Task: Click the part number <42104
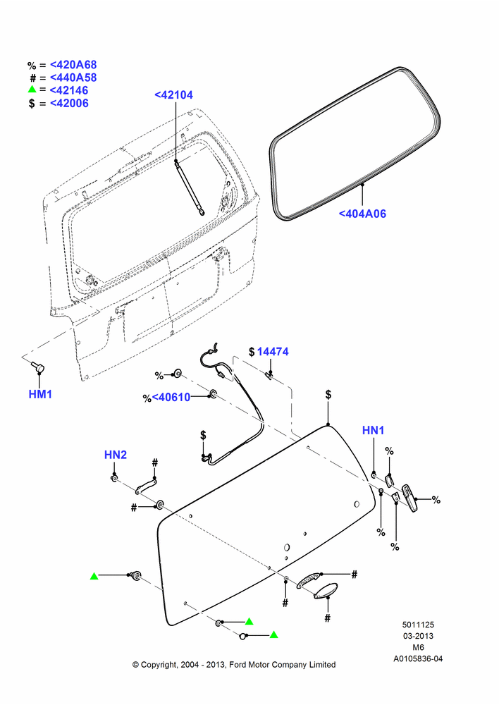[x=173, y=95]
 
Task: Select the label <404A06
[x=362, y=214]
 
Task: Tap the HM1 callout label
[x=40, y=394]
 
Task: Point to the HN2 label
[x=116, y=455]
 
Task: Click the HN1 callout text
[x=373, y=430]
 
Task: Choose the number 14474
[x=273, y=352]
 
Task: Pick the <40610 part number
[x=171, y=398]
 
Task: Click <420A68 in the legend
[x=73, y=65]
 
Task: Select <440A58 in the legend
[x=73, y=78]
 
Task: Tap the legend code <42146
[x=69, y=90]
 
